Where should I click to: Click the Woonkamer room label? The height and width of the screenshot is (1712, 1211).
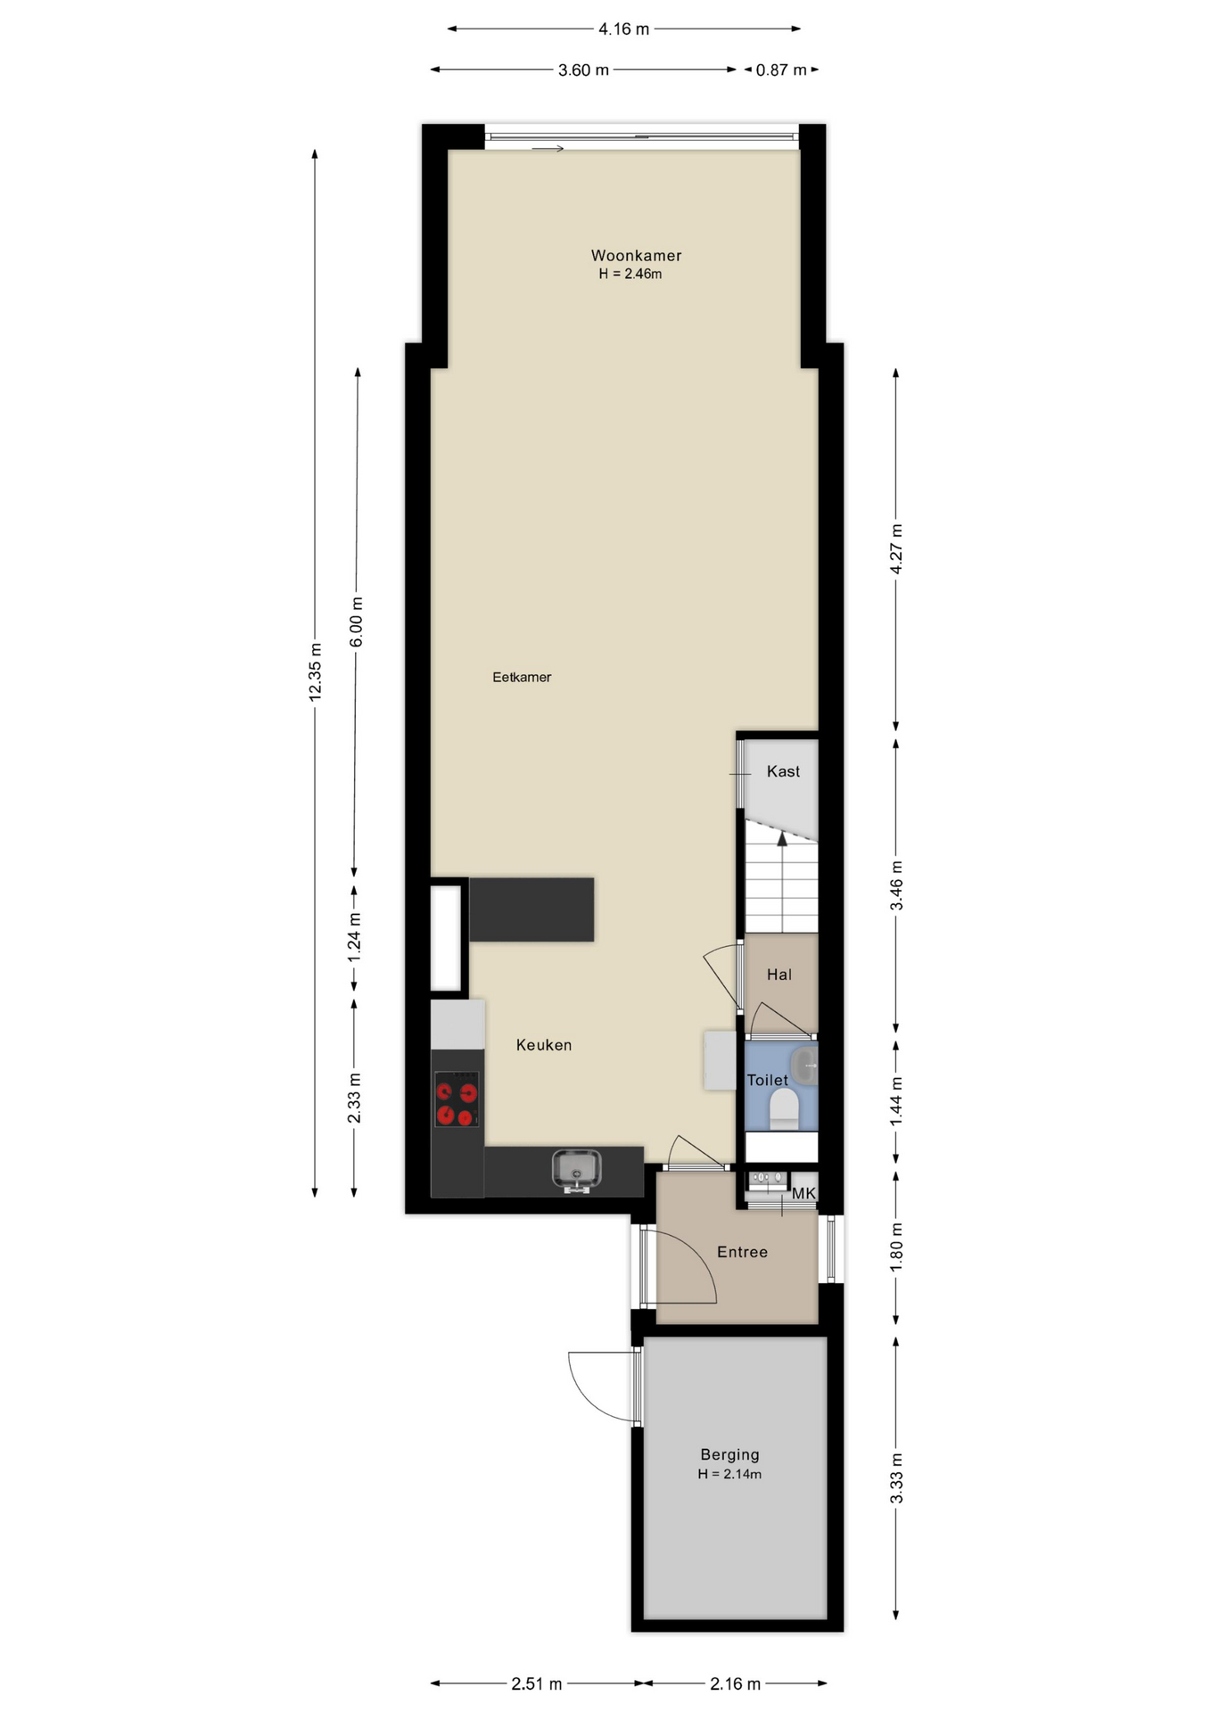(636, 256)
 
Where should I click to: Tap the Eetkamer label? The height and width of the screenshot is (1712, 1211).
(522, 678)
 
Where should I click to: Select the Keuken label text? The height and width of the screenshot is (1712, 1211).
(544, 1045)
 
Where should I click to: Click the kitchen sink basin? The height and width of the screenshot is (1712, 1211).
(576, 1168)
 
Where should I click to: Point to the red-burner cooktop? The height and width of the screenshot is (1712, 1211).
(457, 1099)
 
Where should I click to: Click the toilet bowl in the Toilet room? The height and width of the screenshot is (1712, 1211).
(784, 1110)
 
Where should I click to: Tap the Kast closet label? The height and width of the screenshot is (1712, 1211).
(783, 771)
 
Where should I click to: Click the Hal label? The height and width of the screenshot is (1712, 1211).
(779, 975)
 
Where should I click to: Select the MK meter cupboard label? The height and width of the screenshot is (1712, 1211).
(803, 1193)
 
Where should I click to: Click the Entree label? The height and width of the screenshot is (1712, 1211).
(742, 1252)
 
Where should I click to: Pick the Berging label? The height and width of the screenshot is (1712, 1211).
(729, 1454)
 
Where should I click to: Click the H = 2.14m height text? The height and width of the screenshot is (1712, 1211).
(729, 1474)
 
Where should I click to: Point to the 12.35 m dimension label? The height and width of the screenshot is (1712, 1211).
(315, 671)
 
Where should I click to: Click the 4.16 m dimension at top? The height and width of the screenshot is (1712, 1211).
(623, 29)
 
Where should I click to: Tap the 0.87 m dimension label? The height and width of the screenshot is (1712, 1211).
(781, 70)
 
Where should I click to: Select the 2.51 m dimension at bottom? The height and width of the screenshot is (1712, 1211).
(537, 1683)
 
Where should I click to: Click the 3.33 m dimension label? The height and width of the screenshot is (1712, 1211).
(896, 1477)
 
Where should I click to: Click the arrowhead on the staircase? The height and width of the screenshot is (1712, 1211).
(782, 838)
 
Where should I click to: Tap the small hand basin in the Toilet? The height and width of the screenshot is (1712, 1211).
(805, 1066)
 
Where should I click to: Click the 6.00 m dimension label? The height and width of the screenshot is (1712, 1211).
(356, 621)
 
